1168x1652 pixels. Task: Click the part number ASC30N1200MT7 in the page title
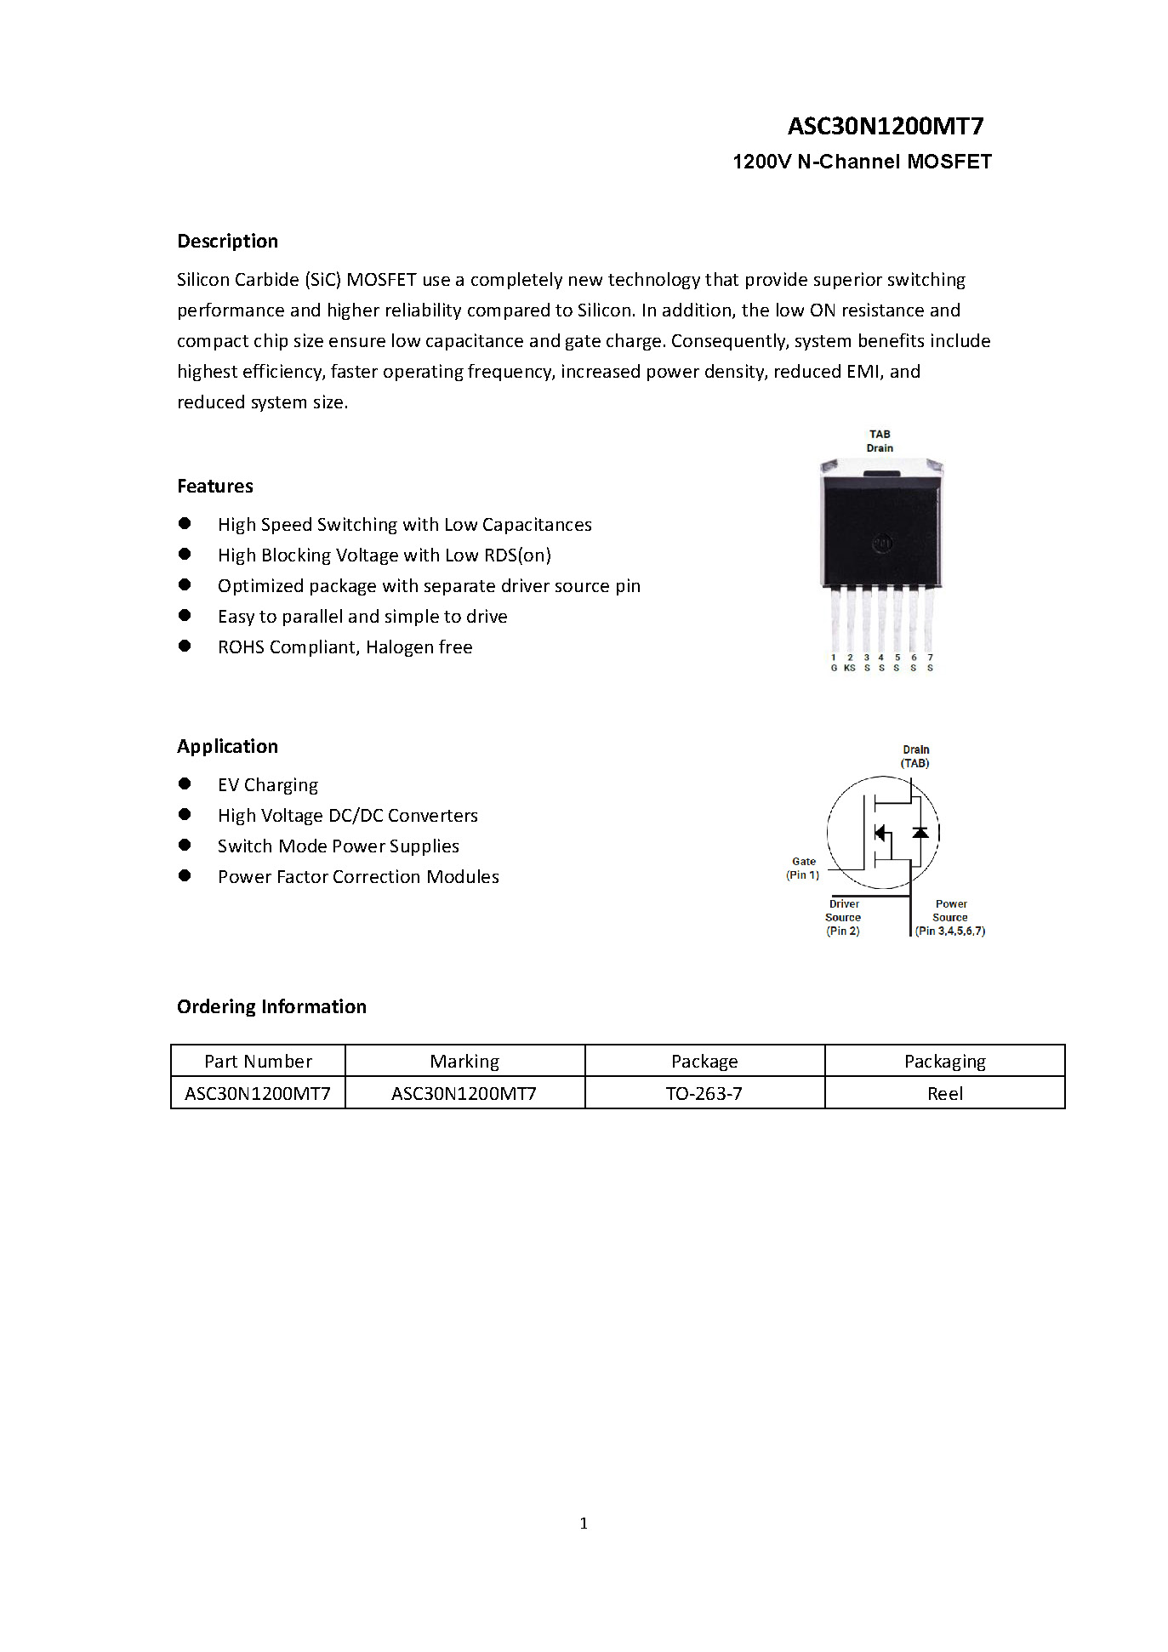tap(885, 127)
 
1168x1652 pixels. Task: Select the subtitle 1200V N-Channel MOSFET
tap(862, 162)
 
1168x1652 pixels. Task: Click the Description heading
tap(227, 242)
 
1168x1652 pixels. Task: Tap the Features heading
tap(215, 487)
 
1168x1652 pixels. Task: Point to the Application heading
tap(227, 747)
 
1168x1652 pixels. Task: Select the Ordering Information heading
tap(271, 1007)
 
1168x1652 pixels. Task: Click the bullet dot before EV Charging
tap(185, 784)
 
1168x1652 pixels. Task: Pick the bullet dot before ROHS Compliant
tap(185, 647)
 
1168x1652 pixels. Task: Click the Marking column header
tap(464, 1062)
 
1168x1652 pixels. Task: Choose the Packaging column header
tap(944, 1062)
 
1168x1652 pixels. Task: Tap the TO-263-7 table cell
tap(704, 1094)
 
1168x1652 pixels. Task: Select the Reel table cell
tap(944, 1094)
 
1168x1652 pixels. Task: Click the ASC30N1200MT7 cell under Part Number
tap(258, 1094)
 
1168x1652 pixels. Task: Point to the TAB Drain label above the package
tap(880, 441)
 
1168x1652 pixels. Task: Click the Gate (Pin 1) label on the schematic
tap(803, 869)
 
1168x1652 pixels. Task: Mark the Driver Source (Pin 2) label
tap(843, 918)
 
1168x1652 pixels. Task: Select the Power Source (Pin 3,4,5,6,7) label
tap(950, 918)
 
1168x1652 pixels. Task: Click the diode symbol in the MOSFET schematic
tap(920, 832)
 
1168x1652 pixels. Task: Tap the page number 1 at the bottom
tap(584, 1524)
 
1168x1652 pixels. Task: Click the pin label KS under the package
tap(849, 669)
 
